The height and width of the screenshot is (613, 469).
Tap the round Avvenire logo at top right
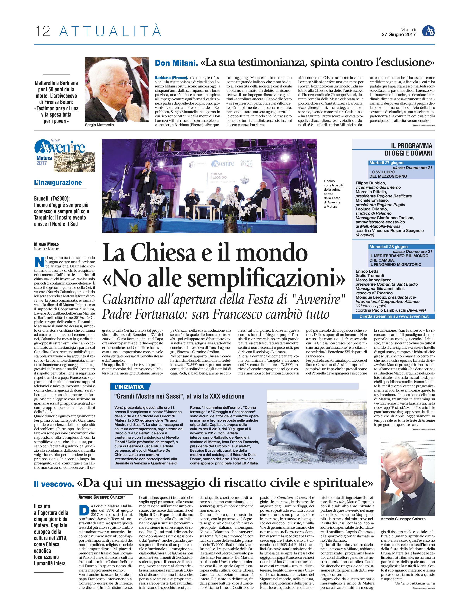[428, 31]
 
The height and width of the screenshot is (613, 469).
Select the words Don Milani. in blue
[176, 63]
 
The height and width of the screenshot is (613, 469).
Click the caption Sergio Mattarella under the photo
[99, 125]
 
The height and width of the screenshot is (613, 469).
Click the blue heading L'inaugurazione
[58, 183]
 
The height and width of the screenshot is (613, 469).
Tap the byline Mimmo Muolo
[46, 244]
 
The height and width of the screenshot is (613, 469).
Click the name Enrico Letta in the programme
[367, 271]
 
